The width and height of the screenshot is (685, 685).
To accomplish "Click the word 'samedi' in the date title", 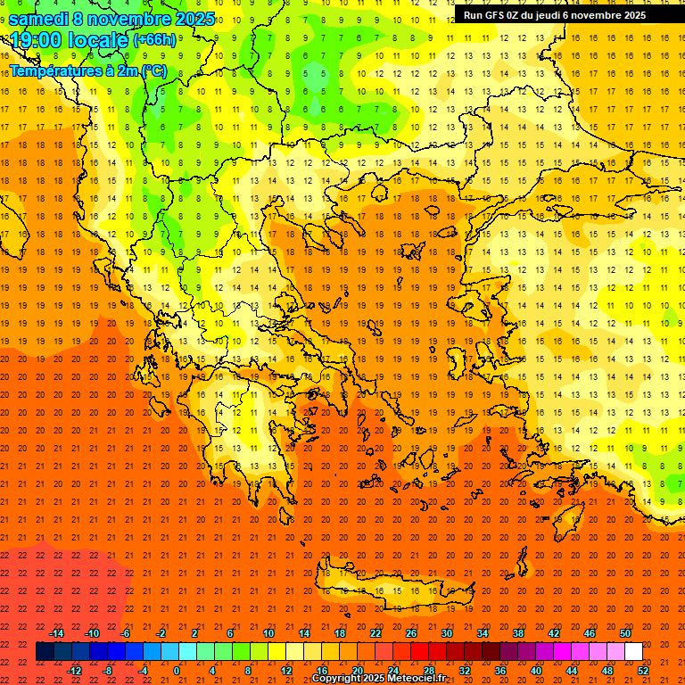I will pos(38,19).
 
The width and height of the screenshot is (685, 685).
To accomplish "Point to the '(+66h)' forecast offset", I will pos(154,41).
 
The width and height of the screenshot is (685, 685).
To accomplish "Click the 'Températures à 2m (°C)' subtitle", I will pos(87,70).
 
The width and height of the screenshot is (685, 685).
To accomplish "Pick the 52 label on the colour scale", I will pos(644,670).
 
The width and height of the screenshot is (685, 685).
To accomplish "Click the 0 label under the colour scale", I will pos(177,670).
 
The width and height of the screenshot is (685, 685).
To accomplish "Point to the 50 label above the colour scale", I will pos(625,633).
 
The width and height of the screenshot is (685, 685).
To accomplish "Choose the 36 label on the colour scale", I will pos(500,670).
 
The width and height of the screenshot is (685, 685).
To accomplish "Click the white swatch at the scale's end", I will pos(633,652).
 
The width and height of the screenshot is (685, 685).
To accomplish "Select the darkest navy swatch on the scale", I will pos(45,652).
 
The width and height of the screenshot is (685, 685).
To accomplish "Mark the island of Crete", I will pos(392,591).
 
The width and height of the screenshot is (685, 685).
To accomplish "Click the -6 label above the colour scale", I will pos(126,633).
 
